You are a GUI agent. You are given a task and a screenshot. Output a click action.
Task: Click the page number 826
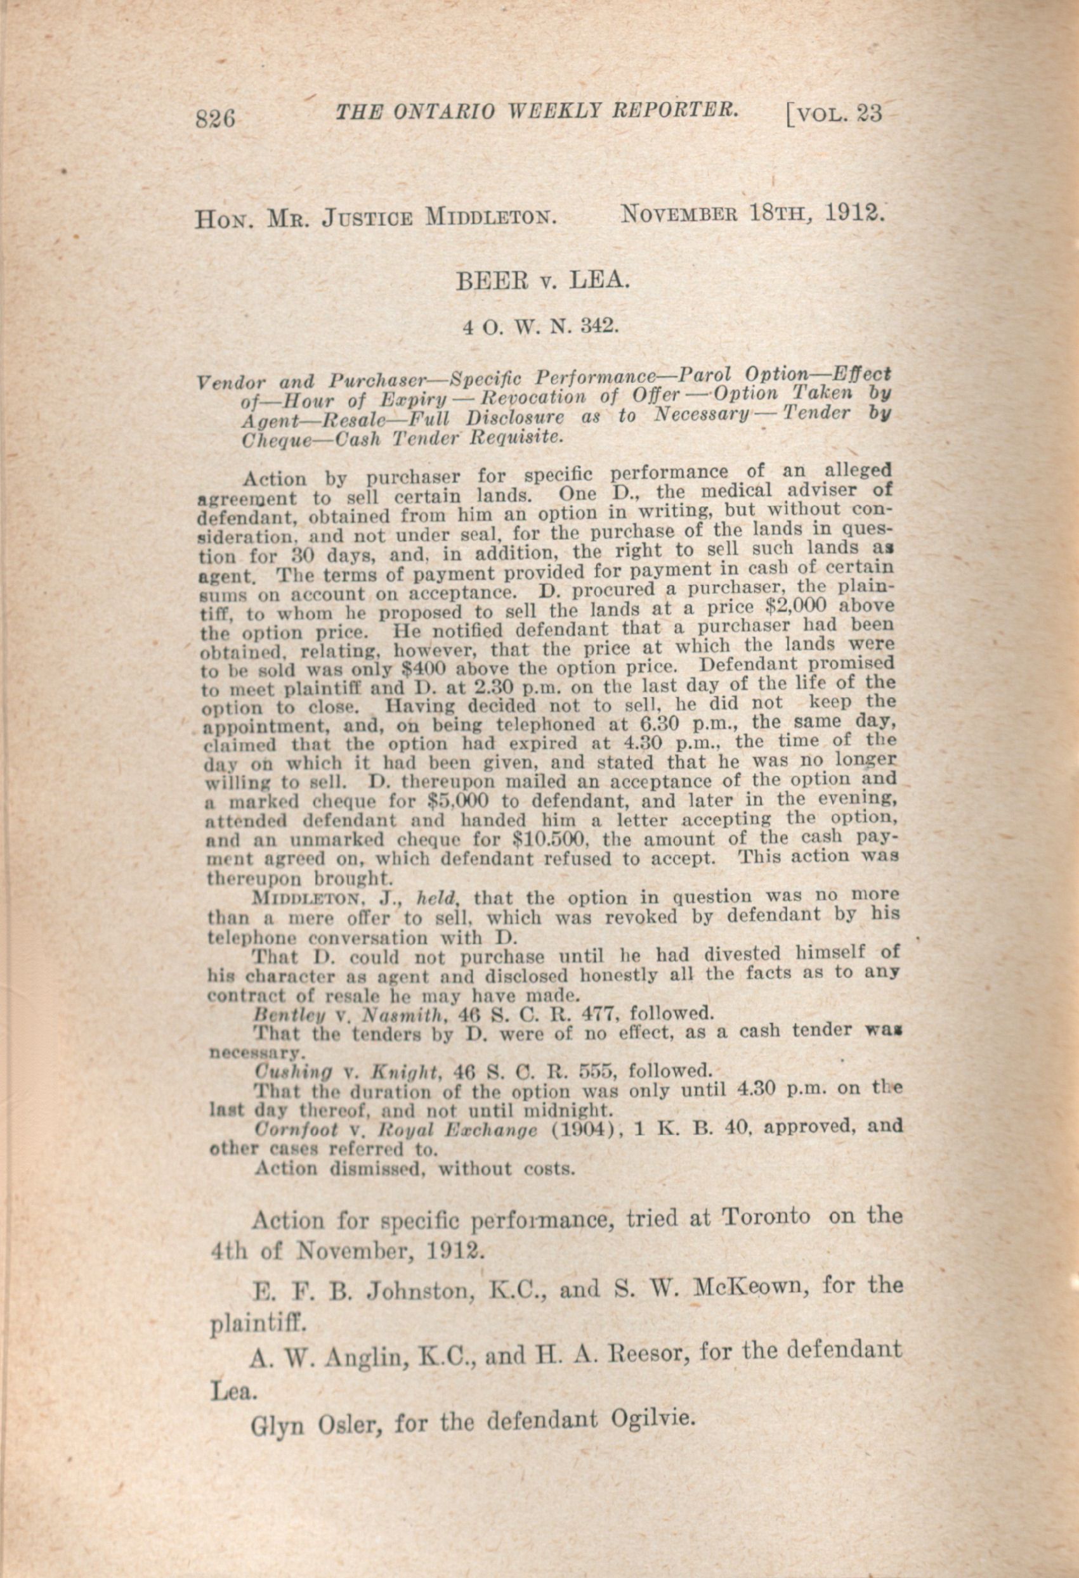pos(214,119)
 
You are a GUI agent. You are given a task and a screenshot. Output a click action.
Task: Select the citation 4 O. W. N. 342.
pos(541,326)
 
